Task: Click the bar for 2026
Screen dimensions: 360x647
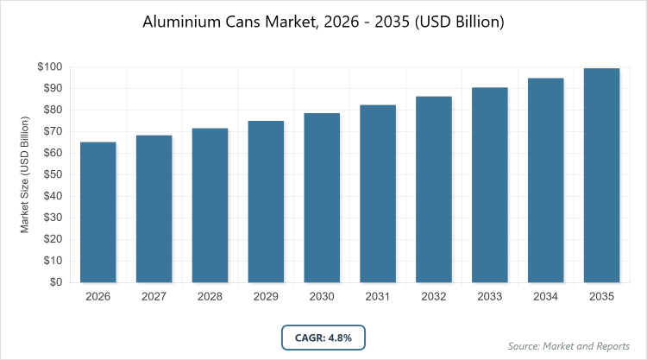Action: point(98,212)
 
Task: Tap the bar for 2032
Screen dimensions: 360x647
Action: point(434,189)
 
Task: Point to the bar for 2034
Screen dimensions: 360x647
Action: point(546,180)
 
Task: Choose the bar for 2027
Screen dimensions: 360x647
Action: point(154,209)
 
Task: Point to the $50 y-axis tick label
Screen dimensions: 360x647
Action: point(51,174)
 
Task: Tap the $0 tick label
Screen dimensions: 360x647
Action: point(54,282)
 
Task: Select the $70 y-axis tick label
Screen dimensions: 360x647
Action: point(51,131)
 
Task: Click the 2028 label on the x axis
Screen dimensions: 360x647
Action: point(210,296)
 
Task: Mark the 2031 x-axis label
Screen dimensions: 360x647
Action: point(378,296)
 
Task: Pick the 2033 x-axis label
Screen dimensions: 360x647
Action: point(490,296)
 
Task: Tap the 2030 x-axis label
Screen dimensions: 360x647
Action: point(322,296)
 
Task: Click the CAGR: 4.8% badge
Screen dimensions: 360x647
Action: point(323,338)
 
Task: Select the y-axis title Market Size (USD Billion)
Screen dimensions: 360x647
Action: point(25,175)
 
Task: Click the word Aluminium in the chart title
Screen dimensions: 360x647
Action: point(184,22)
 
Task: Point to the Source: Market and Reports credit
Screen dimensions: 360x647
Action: point(570,346)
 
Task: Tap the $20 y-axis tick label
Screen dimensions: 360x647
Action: point(51,239)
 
